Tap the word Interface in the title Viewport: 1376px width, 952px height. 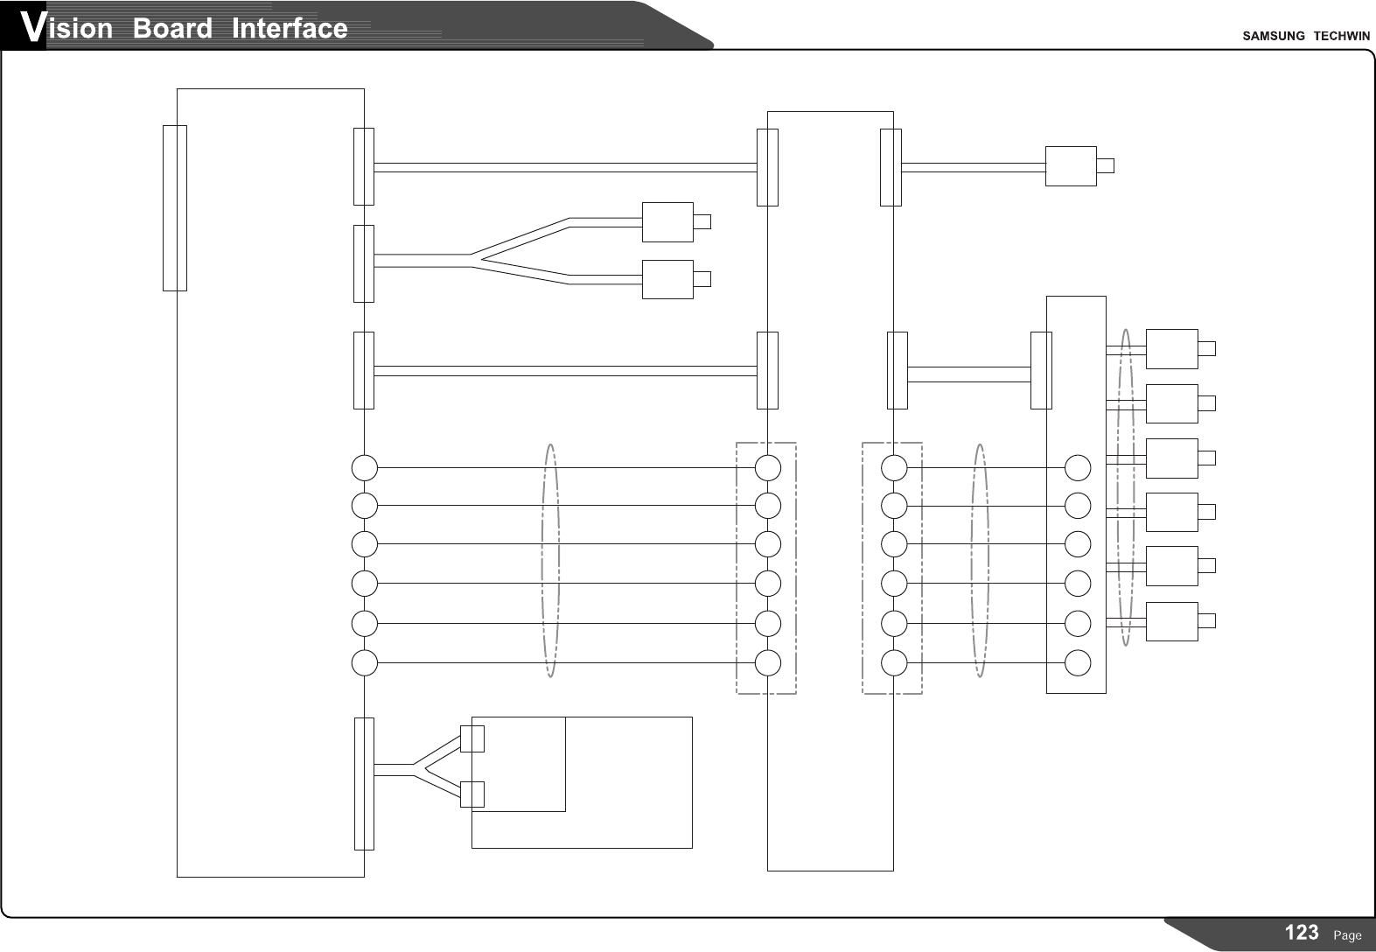click(x=290, y=29)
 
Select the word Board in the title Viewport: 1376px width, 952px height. click(x=172, y=29)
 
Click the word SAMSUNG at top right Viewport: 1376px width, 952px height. click(x=1274, y=36)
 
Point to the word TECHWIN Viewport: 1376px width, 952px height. click(x=1342, y=36)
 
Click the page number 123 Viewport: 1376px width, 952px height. click(x=1302, y=933)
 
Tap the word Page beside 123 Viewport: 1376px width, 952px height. click(x=1347, y=935)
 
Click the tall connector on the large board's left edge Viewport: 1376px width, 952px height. click(x=175, y=207)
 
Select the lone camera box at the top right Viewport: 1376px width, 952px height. click(x=1071, y=166)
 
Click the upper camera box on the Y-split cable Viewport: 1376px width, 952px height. click(x=667, y=222)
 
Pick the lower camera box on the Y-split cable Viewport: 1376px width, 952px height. click(x=667, y=279)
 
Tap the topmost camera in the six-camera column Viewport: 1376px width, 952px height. click(x=1171, y=349)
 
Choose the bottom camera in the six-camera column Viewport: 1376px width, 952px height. click(x=1171, y=621)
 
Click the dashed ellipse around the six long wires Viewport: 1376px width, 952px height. click(x=550, y=560)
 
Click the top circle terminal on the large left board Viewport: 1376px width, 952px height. click(x=365, y=468)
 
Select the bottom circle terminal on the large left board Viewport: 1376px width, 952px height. click(x=365, y=663)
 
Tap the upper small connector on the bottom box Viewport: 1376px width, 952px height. click(x=472, y=738)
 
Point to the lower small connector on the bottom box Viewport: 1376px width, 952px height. click(x=472, y=794)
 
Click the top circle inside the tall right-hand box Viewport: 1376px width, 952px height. click(x=1078, y=468)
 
